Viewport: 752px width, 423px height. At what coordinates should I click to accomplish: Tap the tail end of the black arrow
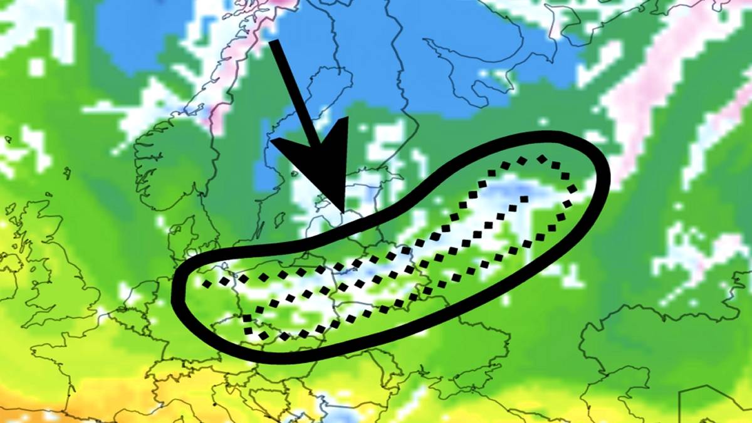pos(273,43)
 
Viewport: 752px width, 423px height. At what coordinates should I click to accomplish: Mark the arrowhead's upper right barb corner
pos(347,118)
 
